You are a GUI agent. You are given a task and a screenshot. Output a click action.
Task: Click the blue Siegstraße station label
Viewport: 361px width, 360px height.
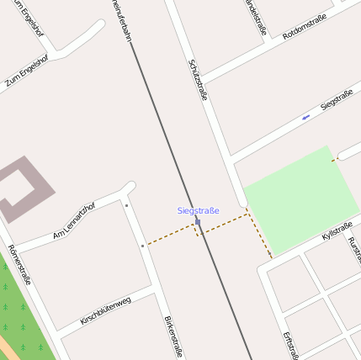198,210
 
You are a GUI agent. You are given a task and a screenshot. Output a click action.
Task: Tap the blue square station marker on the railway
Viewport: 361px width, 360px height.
197,222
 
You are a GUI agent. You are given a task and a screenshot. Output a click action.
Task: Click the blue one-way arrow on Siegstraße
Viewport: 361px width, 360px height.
305,116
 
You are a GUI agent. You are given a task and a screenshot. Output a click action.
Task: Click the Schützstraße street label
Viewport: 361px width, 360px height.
199,80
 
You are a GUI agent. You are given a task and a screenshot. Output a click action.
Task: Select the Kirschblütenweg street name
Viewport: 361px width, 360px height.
105,310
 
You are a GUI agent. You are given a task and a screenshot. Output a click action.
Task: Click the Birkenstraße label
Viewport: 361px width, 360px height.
173,336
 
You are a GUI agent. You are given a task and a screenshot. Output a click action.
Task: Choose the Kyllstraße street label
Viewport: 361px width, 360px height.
337,230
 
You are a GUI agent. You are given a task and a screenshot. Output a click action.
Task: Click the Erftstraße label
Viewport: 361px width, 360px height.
290,345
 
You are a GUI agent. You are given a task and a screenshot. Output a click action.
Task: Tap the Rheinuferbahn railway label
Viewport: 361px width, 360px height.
120,19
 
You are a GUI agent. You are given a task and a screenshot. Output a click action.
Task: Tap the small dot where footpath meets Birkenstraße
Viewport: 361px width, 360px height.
143,246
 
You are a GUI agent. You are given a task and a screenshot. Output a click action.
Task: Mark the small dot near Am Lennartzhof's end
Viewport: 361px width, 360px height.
126,205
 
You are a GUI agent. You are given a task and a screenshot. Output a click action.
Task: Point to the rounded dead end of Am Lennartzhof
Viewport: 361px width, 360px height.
129,188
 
